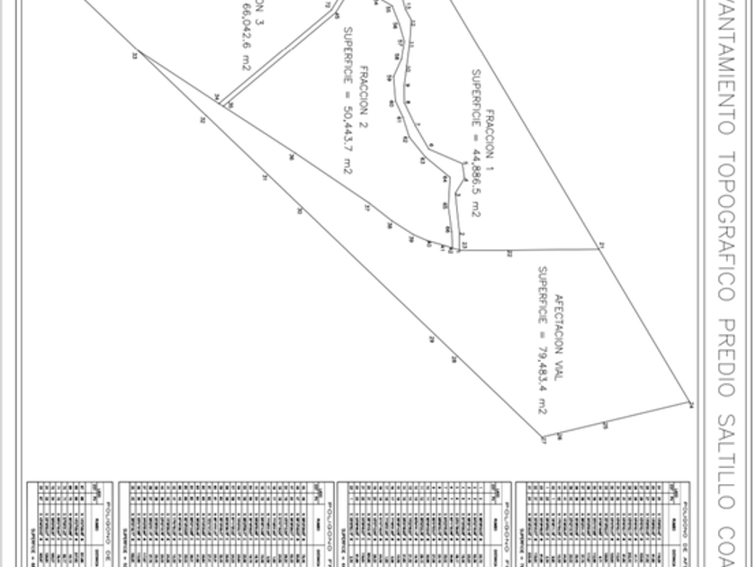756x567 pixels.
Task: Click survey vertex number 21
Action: [x=602, y=246]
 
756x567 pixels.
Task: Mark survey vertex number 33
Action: [x=134, y=55]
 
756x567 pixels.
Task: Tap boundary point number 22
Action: [x=509, y=254]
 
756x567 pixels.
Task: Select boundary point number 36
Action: [x=291, y=157]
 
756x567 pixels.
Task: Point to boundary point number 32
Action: [x=202, y=120]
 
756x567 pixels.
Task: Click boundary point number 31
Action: [x=265, y=178]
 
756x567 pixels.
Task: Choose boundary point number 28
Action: [x=454, y=360]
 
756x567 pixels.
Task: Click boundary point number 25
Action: [x=605, y=425]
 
